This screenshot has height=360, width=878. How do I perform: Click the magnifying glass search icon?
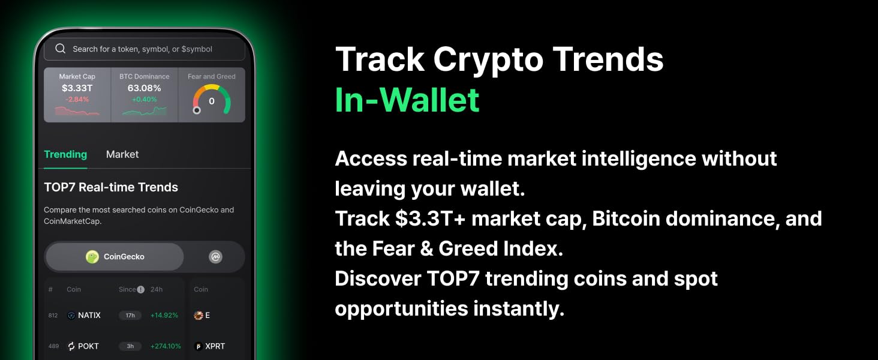pyautogui.click(x=61, y=49)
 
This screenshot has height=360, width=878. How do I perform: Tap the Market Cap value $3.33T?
pyautogui.click(x=77, y=88)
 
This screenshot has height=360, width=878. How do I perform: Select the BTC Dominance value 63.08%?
pyautogui.click(x=145, y=88)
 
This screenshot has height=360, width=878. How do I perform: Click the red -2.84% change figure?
pyautogui.click(x=77, y=99)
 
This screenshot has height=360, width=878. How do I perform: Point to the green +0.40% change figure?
pyautogui.click(x=145, y=99)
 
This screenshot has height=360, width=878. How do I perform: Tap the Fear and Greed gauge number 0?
pyautogui.click(x=212, y=101)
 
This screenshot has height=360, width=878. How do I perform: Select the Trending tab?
pyautogui.click(x=65, y=154)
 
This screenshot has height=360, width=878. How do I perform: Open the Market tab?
pyautogui.click(x=122, y=154)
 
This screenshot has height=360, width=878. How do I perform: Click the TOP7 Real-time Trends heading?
pyautogui.click(x=111, y=187)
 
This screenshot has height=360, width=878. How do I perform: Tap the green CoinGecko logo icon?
pyautogui.click(x=92, y=257)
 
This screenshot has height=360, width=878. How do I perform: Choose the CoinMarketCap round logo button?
pyautogui.click(x=215, y=257)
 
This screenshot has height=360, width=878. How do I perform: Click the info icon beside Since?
pyautogui.click(x=141, y=289)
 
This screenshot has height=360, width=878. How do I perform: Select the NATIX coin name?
pyautogui.click(x=89, y=315)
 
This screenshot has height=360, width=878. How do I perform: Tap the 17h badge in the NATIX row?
pyautogui.click(x=130, y=315)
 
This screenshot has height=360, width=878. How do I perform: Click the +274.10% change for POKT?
pyautogui.click(x=166, y=346)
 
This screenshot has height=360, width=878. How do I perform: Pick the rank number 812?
pyautogui.click(x=53, y=315)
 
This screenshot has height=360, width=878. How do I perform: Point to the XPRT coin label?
pyautogui.click(x=215, y=346)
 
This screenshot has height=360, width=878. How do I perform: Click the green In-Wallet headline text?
pyautogui.click(x=407, y=100)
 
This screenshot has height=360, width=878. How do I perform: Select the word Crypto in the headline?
pyautogui.click(x=488, y=59)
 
